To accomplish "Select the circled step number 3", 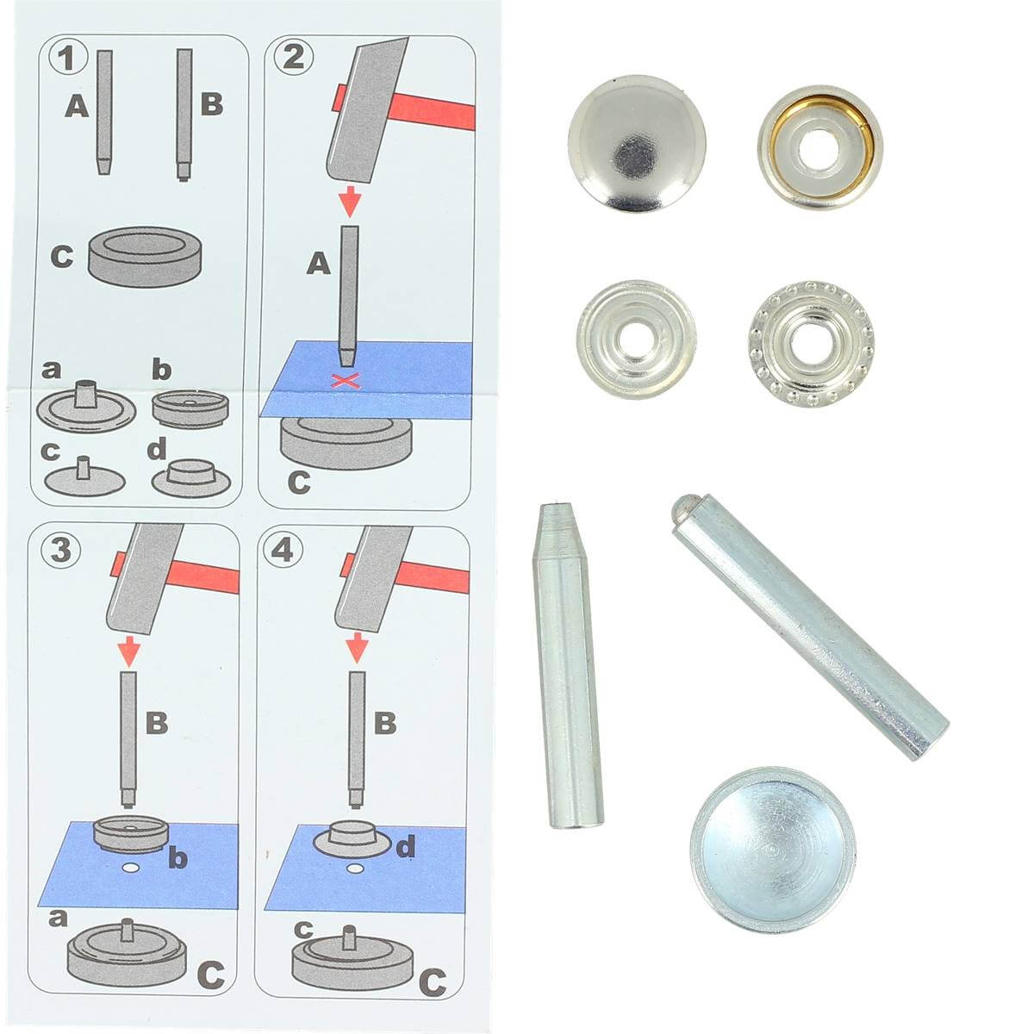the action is tap(60, 549).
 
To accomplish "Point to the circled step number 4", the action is tap(283, 550).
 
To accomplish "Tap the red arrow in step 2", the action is tap(350, 201).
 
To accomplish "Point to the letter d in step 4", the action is tap(406, 846).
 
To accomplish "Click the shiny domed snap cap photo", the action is tap(637, 143).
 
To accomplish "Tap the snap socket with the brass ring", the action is tap(820, 146).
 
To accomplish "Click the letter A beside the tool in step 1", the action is tap(77, 106).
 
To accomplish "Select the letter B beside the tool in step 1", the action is tap(211, 103).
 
